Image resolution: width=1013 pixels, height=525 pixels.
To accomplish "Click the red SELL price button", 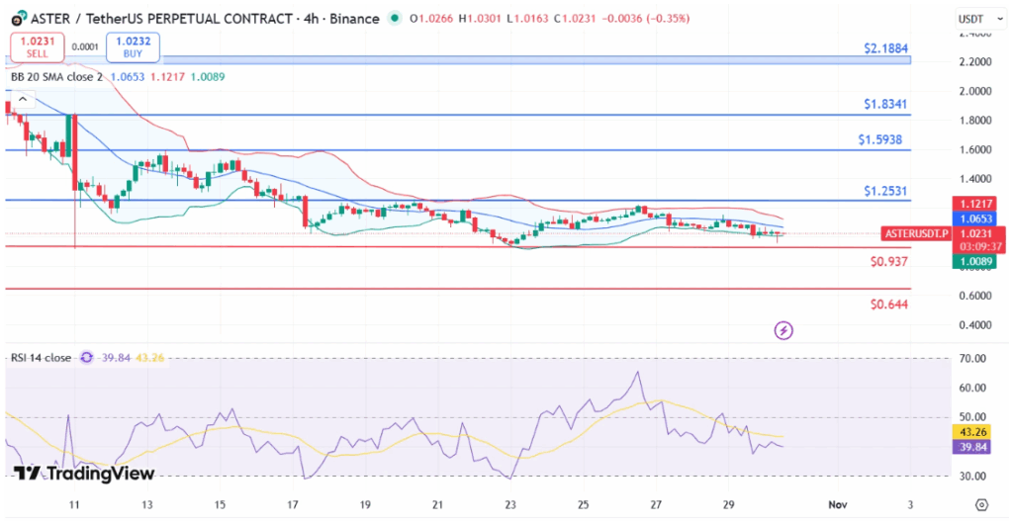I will [x=38, y=47].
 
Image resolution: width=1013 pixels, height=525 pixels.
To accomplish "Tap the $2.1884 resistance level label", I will [x=885, y=47].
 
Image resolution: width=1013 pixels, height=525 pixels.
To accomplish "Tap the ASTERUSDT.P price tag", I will [x=914, y=234].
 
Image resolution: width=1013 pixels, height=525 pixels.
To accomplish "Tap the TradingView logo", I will [x=84, y=474].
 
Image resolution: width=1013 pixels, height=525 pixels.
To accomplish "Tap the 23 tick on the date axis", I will [x=509, y=505].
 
